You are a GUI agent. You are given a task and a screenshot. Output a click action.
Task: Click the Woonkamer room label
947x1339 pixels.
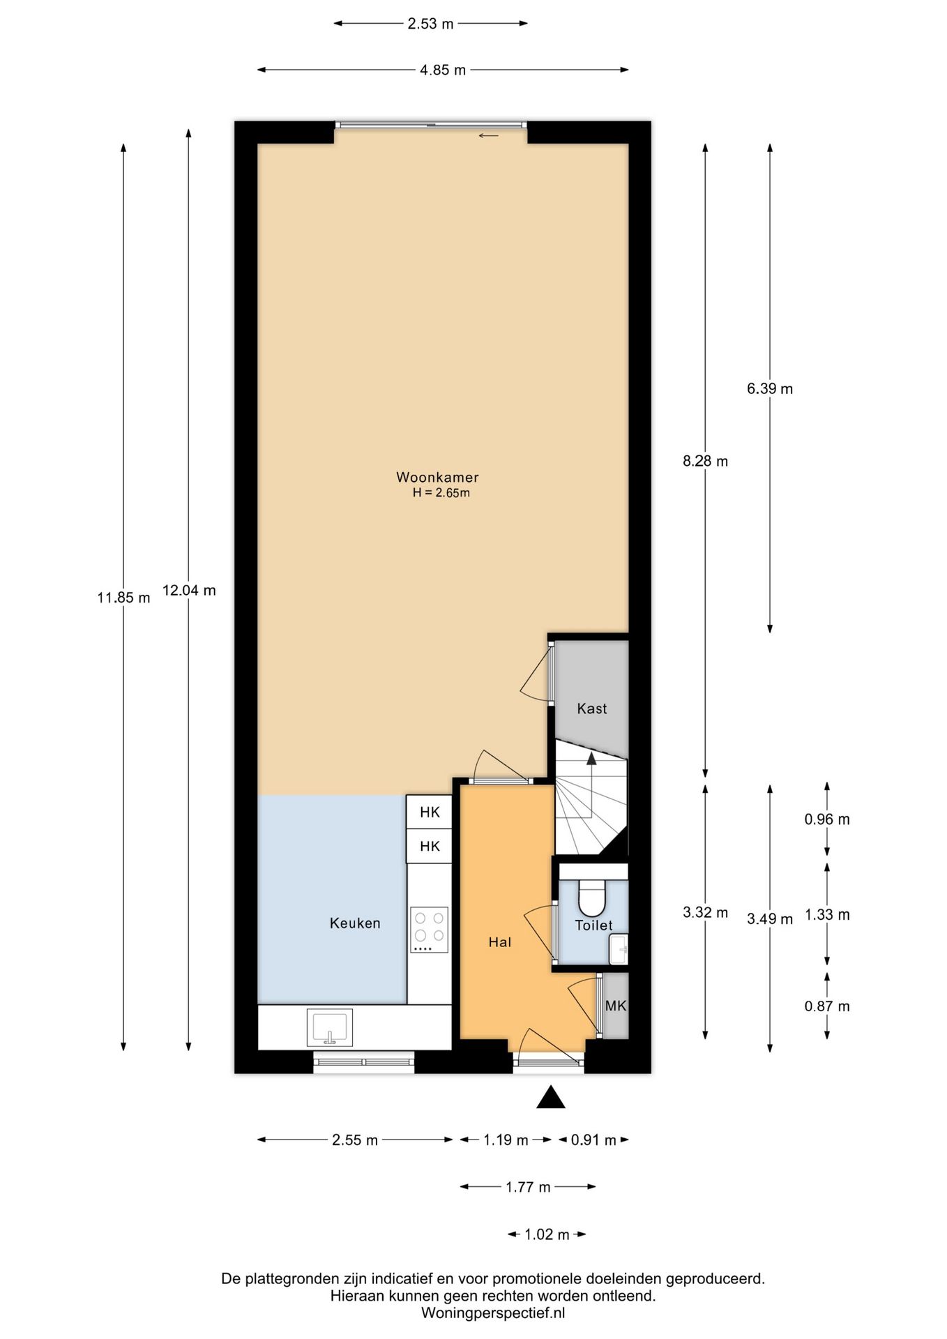tap(437, 478)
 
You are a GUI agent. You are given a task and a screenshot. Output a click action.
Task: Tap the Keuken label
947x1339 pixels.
tap(355, 923)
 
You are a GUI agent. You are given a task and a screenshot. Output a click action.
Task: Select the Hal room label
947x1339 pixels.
tap(500, 942)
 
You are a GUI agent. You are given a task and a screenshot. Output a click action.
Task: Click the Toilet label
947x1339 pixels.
tap(593, 925)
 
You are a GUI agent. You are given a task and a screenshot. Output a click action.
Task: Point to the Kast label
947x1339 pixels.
tap(592, 709)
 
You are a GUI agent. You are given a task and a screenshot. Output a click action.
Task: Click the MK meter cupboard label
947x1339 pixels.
tap(616, 1006)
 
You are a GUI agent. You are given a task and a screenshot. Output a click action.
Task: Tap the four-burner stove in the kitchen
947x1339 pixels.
tap(430, 930)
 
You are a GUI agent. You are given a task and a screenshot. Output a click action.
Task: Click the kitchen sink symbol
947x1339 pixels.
tap(330, 1028)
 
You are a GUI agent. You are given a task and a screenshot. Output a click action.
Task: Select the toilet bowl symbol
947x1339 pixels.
tap(592, 898)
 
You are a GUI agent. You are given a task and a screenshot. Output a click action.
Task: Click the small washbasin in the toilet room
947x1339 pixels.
tap(619, 950)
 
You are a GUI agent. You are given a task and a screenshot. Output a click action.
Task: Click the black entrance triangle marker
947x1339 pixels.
tap(551, 1097)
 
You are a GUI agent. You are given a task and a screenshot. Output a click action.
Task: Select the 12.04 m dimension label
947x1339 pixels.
tap(189, 591)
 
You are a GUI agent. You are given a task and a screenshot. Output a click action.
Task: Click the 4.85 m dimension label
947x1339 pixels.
tap(443, 70)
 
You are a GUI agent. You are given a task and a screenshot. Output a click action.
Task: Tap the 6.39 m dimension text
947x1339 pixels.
tap(770, 388)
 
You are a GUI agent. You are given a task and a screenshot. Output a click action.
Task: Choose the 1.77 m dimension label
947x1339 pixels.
tap(528, 1187)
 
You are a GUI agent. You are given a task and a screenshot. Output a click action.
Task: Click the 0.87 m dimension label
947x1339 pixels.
tap(827, 1006)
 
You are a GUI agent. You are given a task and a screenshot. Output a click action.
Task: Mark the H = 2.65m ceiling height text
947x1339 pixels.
tap(441, 493)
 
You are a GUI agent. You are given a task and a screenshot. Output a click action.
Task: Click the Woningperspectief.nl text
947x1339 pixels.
tap(493, 1313)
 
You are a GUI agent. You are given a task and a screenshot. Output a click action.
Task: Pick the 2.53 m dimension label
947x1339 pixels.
tap(430, 24)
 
